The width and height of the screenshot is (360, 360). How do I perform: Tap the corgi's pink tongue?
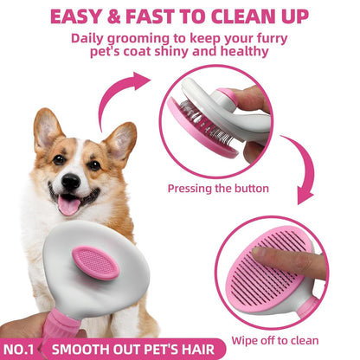click(x=67, y=204)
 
